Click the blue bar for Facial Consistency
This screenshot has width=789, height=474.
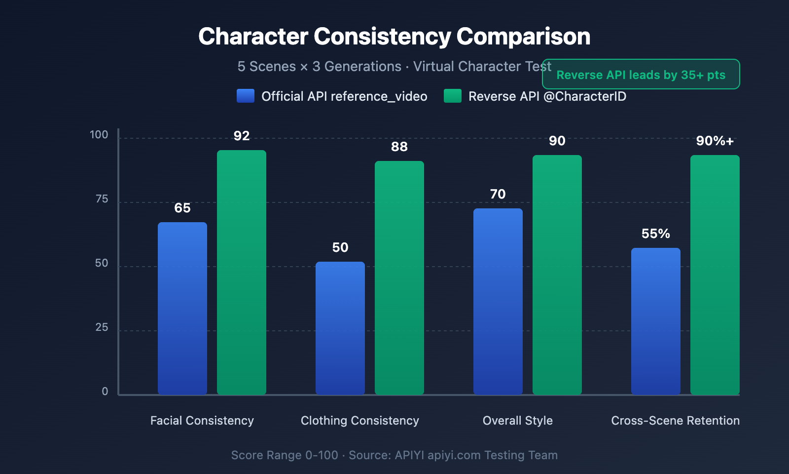[182, 308]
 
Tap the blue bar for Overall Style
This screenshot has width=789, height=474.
[498, 301]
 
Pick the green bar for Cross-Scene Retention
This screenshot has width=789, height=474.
[715, 275]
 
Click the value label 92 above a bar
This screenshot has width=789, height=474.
[242, 136]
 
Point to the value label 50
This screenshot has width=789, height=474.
[340, 247]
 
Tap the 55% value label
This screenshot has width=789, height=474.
[655, 234]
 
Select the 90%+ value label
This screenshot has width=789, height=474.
[715, 141]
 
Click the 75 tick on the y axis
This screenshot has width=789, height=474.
[102, 199]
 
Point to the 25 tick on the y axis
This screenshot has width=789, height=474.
[102, 327]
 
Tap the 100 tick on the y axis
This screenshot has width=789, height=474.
[99, 135]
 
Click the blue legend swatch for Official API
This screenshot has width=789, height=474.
[246, 96]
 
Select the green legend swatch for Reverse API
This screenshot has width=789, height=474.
[453, 96]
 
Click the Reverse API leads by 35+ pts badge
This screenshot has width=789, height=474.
[641, 75]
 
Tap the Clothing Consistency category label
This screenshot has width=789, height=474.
[360, 421]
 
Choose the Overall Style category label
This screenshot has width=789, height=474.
[518, 421]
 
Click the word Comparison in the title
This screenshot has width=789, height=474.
[523, 37]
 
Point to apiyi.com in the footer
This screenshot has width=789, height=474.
[454, 455]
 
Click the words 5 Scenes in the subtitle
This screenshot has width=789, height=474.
[266, 67]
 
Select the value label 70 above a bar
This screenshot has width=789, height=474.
[498, 194]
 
